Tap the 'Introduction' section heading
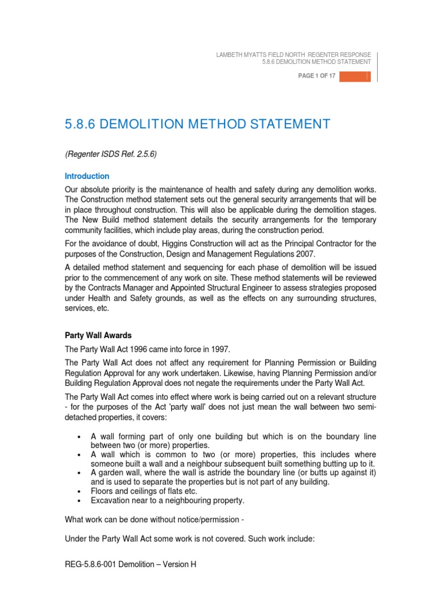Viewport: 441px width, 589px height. point(87,176)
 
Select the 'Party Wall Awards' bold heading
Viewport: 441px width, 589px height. point(99,335)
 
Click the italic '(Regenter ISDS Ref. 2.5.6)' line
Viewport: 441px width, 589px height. point(110,154)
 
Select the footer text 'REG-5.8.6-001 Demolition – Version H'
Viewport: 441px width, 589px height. point(130,564)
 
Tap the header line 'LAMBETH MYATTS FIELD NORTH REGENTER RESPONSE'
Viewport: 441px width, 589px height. point(293,54)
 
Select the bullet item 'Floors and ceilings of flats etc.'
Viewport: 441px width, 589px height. point(144,491)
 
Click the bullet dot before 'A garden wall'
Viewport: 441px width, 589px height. point(78,473)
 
